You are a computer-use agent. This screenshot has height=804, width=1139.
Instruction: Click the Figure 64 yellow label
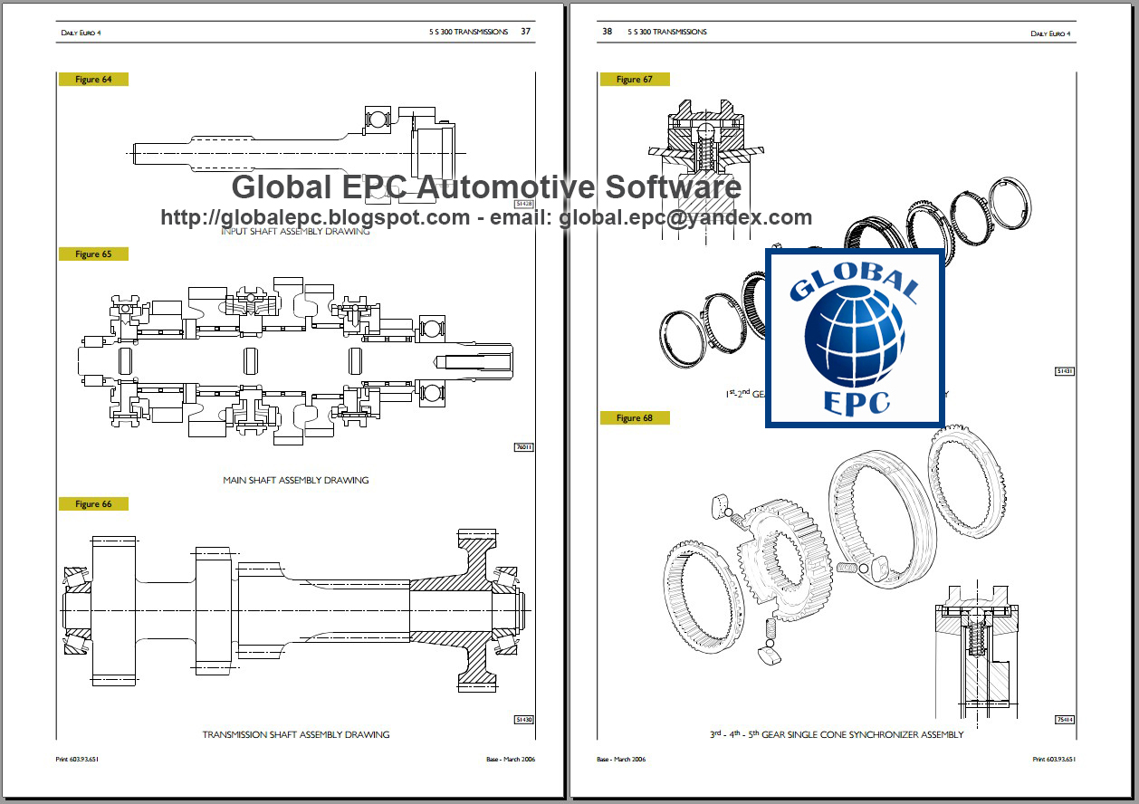pos(93,80)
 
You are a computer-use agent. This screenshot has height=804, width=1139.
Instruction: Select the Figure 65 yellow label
pos(93,254)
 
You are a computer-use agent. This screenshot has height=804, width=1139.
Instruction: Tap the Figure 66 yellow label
pos(93,503)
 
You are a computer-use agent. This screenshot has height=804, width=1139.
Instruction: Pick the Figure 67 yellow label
pos(634,80)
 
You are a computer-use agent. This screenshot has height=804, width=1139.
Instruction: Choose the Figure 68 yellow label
pos(634,418)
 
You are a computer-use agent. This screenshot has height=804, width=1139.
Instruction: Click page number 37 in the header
pos(525,32)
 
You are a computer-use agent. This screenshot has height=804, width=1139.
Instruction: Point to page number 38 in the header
pos(607,32)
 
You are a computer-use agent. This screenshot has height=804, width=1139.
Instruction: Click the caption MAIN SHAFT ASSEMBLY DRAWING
pos(296,480)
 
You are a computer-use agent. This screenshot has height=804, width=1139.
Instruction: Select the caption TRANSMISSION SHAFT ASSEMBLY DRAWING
pos(296,734)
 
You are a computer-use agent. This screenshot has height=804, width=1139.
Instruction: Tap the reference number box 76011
pos(524,447)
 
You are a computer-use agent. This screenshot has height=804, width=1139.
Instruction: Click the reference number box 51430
pos(524,720)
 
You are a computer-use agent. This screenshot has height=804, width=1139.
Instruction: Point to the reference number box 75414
pos(1065,720)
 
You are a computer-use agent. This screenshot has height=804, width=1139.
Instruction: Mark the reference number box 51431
pos(1065,371)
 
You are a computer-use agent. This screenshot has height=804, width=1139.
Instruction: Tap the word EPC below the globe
pos(856,401)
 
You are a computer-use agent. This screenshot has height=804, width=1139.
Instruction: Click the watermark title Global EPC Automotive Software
pos(486,187)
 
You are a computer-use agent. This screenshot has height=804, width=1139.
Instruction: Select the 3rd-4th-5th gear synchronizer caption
pos(836,734)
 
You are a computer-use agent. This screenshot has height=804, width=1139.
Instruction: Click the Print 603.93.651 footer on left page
pos(77,759)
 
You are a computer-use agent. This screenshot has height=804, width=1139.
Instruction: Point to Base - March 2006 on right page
pos(621,759)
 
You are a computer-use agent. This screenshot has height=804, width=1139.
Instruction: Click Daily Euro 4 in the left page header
pos(81,33)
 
